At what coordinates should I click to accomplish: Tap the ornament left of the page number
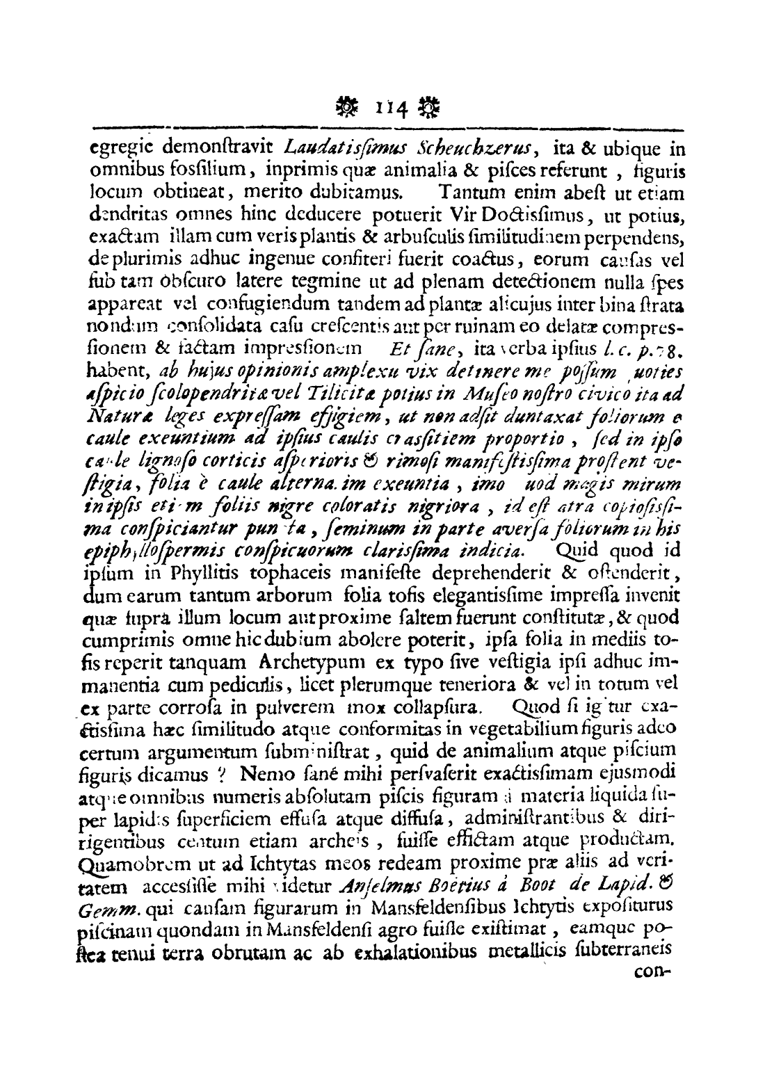pos(347,108)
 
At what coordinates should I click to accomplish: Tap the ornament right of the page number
pos(432,108)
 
